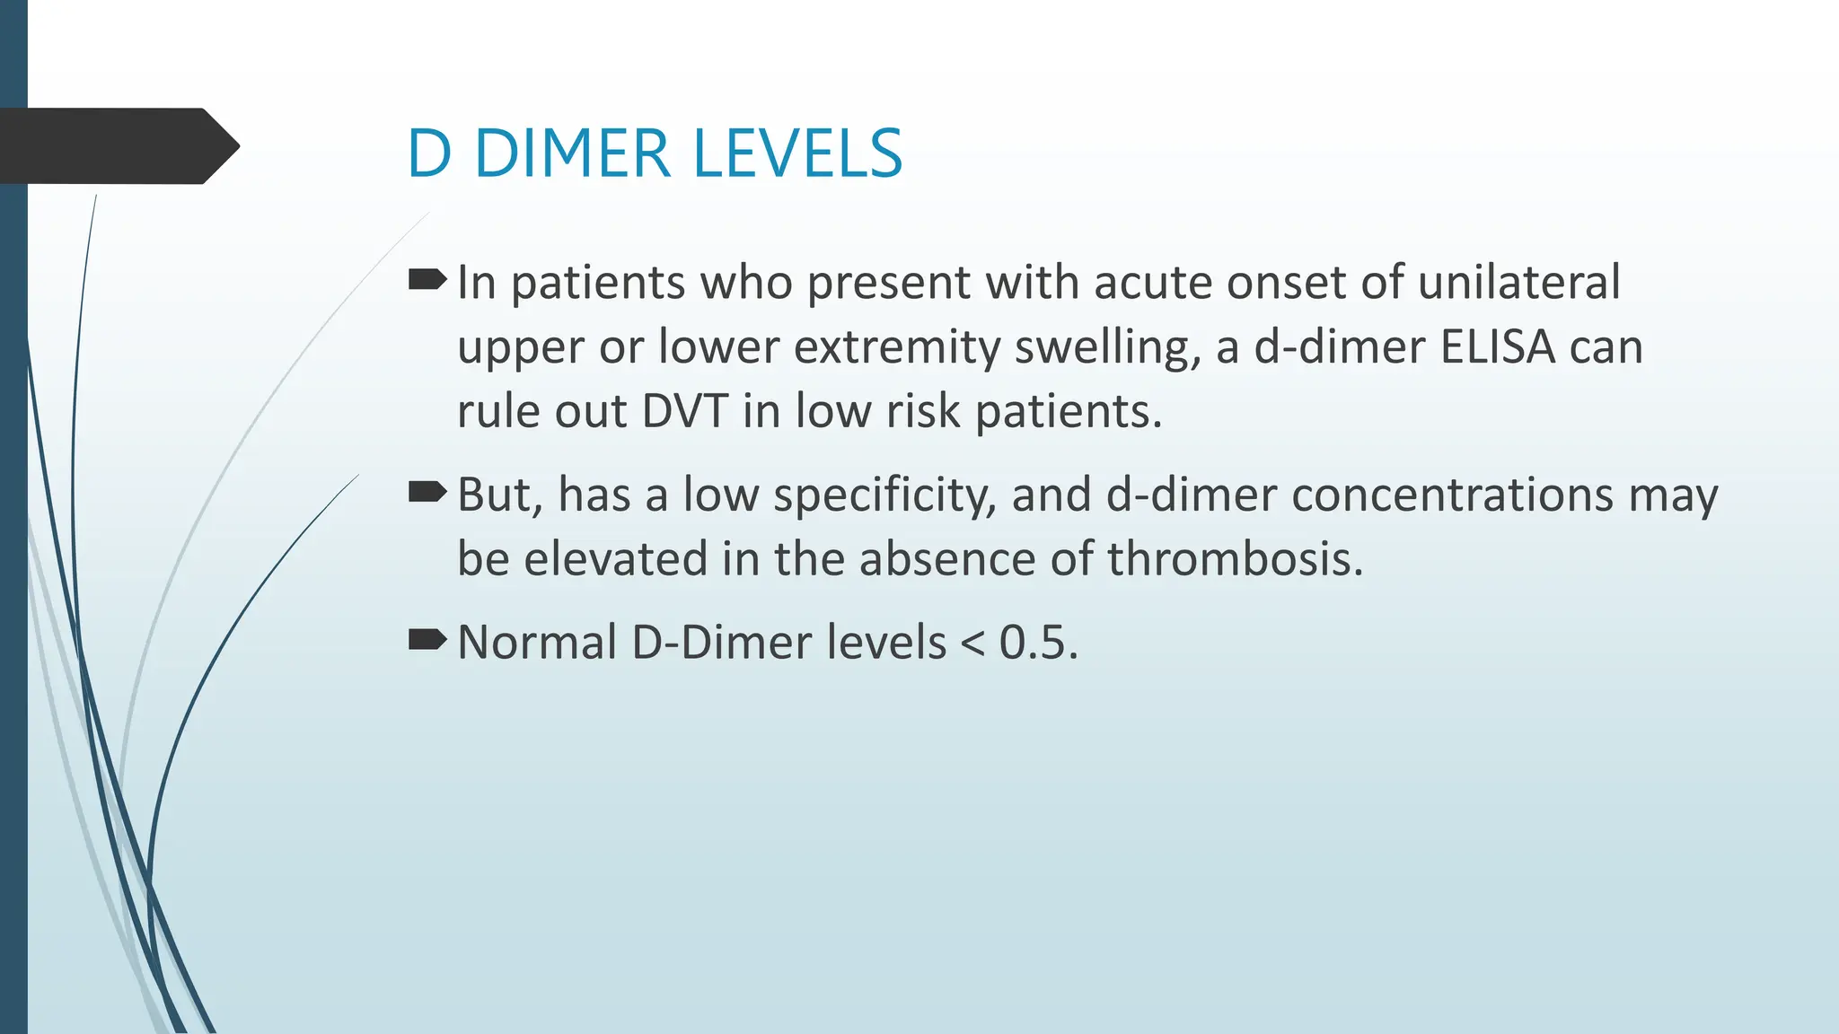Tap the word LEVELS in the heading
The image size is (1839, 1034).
point(797,153)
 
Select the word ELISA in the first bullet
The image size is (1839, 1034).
point(1498,347)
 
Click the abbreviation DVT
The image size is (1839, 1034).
point(685,412)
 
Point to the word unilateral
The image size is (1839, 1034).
point(1519,283)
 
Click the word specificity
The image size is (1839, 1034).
point(884,495)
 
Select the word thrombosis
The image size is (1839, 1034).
point(1236,559)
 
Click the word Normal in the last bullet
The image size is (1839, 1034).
point(537,643)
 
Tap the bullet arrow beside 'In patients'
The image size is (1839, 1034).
point(427,281)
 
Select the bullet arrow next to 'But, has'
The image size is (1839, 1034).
point(427,492)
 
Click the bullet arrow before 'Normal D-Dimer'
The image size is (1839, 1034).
point(427,640)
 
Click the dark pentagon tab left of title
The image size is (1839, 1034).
point(117,146)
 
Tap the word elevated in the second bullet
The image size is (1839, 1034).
point(616,559)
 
